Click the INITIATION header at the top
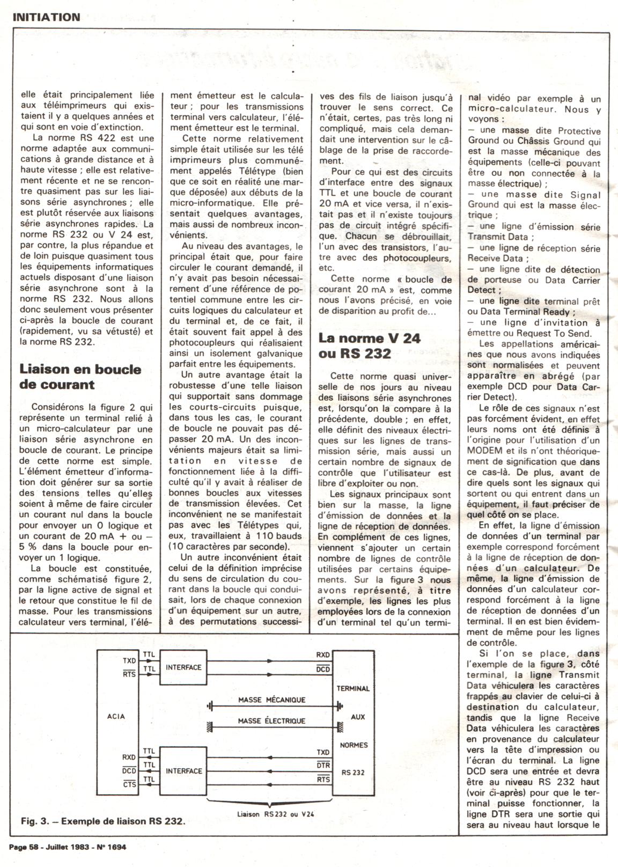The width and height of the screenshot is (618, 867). [46, 17]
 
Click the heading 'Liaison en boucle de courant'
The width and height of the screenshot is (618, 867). [80, 377]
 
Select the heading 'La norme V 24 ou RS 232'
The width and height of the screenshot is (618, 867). [369, 346]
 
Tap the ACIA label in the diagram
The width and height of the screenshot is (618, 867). [116, 716]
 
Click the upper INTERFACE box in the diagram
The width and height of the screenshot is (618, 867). [183, 667]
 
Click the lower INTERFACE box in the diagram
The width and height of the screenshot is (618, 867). [183, 771]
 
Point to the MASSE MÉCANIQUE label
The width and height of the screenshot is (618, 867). [271, 700]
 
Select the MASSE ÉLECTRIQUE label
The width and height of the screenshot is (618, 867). [271, 721]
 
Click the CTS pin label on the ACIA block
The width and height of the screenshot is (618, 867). [129, 784]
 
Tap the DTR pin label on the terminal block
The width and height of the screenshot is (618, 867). [323, 766]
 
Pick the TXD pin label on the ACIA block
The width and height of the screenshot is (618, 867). [129, 661]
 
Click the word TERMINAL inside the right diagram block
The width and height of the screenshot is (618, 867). [352, 688]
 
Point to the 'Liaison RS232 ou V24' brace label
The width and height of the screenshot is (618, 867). [275, 814]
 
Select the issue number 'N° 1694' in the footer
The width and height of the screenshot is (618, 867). [111, 848]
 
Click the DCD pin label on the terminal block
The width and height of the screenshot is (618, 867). [323, 670]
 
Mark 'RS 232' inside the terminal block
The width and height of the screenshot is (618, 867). [352, 773]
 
